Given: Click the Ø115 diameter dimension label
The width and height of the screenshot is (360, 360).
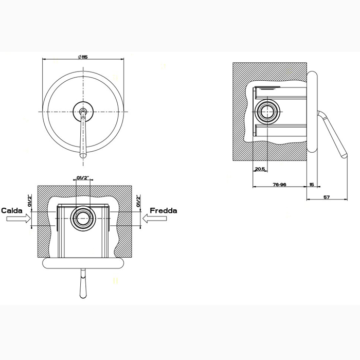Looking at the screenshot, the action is point(83,57).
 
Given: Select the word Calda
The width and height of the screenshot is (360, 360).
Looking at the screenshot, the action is point(12,210).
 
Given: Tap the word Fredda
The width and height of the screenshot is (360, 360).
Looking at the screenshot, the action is point(164,210).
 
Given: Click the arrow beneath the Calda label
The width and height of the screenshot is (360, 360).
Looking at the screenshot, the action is point(19,219).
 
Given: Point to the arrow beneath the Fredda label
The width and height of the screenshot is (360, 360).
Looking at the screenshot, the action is point(154,219).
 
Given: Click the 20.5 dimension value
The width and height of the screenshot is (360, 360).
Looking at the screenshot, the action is point(260,169).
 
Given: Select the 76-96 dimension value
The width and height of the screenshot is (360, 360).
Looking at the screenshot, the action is point(279,184).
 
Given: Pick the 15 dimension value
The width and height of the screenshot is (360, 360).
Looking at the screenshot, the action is point(312,184).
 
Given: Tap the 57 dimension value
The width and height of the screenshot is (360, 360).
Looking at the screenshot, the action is point(327,197).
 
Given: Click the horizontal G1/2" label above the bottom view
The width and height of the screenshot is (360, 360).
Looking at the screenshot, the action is point(83,178).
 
